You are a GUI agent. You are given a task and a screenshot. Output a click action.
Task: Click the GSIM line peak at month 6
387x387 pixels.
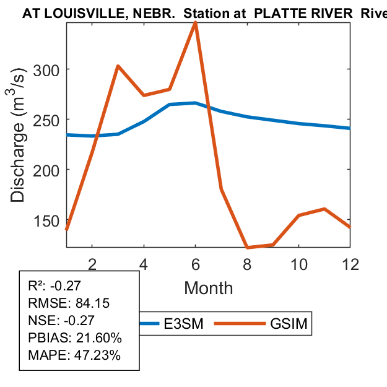click(x=196, y=22)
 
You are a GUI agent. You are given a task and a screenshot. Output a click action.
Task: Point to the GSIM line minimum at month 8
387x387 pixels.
click(x=247, y=247)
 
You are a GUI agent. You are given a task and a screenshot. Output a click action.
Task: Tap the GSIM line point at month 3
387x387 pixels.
click(x=118, y=66)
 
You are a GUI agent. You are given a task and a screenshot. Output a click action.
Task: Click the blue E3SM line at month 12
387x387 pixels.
click(x=350, y=128)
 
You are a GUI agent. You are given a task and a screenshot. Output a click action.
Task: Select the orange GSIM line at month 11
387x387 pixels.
click(x=324, y=209)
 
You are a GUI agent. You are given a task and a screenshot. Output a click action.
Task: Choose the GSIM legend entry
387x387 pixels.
click(x=289, y=323)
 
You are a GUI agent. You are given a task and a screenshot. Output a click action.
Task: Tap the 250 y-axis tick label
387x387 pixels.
click(x=46, y=120)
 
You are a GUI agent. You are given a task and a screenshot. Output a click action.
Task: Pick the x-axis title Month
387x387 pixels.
click(x=209, y=288)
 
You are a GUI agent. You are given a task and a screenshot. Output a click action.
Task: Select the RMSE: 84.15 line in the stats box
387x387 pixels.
click(x=61, y=303)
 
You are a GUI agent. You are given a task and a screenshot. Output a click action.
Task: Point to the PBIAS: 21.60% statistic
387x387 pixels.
click(x=75, y=338)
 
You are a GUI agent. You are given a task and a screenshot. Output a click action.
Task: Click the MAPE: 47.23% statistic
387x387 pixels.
click(x=74, y=355)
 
